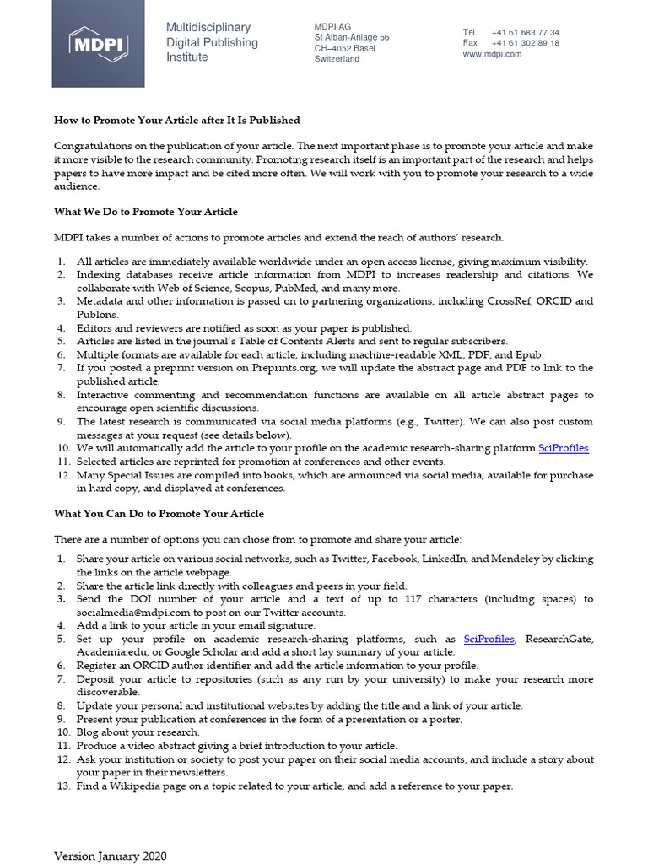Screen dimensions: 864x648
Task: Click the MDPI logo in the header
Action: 98,43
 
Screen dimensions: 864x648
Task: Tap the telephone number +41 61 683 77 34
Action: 525,32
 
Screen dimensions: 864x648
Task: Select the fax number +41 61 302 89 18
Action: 525,43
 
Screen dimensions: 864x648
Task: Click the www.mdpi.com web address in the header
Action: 492,54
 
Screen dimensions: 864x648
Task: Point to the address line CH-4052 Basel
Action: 345,49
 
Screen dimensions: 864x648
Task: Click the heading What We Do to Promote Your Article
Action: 146,212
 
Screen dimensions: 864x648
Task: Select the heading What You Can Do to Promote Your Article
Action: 159,514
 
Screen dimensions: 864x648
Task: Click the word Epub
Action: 529,355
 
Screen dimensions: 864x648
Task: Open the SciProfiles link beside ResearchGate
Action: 489,640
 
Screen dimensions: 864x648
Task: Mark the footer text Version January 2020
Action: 111,856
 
